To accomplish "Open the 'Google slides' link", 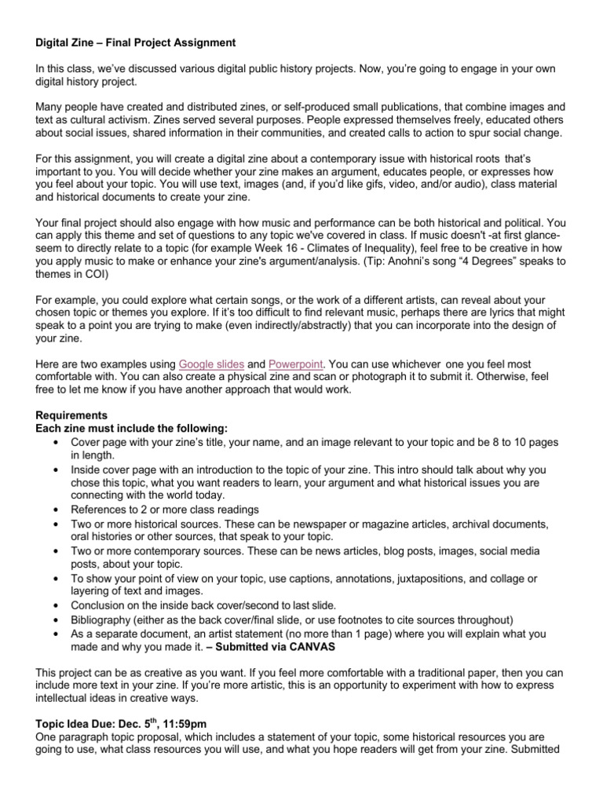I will (211, 364).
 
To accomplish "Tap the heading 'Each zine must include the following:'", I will (132, 428).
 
